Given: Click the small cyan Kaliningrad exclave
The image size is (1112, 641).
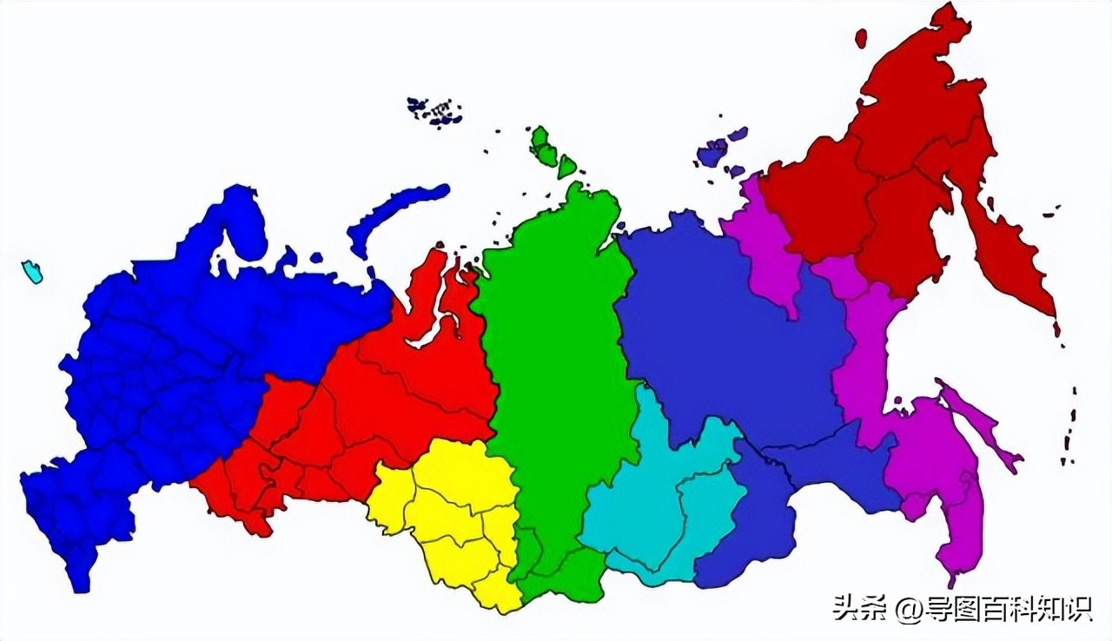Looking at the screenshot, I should coord(31,272).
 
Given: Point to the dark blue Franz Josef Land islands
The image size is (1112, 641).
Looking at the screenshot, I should coord(434,110).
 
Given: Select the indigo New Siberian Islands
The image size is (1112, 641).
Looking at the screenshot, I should coord(717,152).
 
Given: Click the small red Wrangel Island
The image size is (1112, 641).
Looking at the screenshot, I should coord(861,38).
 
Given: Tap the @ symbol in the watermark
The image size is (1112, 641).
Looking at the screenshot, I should coord(907,609).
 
